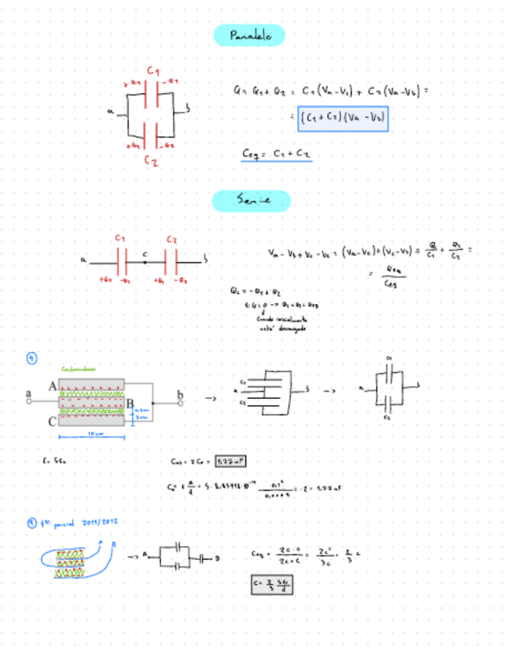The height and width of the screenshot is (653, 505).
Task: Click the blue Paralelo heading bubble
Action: point(249,35)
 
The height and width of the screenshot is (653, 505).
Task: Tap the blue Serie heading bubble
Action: point(251,201)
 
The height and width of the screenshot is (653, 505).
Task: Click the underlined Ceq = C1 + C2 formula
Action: point(276,155)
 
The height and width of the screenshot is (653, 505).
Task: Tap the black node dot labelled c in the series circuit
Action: point(145,261)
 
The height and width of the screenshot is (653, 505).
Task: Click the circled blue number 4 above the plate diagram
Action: point(32,358)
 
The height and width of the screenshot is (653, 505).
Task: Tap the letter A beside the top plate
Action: point(52,385)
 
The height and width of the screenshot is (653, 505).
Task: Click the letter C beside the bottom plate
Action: point(52,421)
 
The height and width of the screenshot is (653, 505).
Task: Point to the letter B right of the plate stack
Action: point(130,404)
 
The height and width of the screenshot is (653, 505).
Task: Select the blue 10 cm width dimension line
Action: point(92,437)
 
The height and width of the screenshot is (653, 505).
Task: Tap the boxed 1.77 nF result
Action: point(230,460)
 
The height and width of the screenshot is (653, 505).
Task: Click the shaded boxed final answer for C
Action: point(273,584)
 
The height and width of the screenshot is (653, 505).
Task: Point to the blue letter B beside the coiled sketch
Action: point(114,544)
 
